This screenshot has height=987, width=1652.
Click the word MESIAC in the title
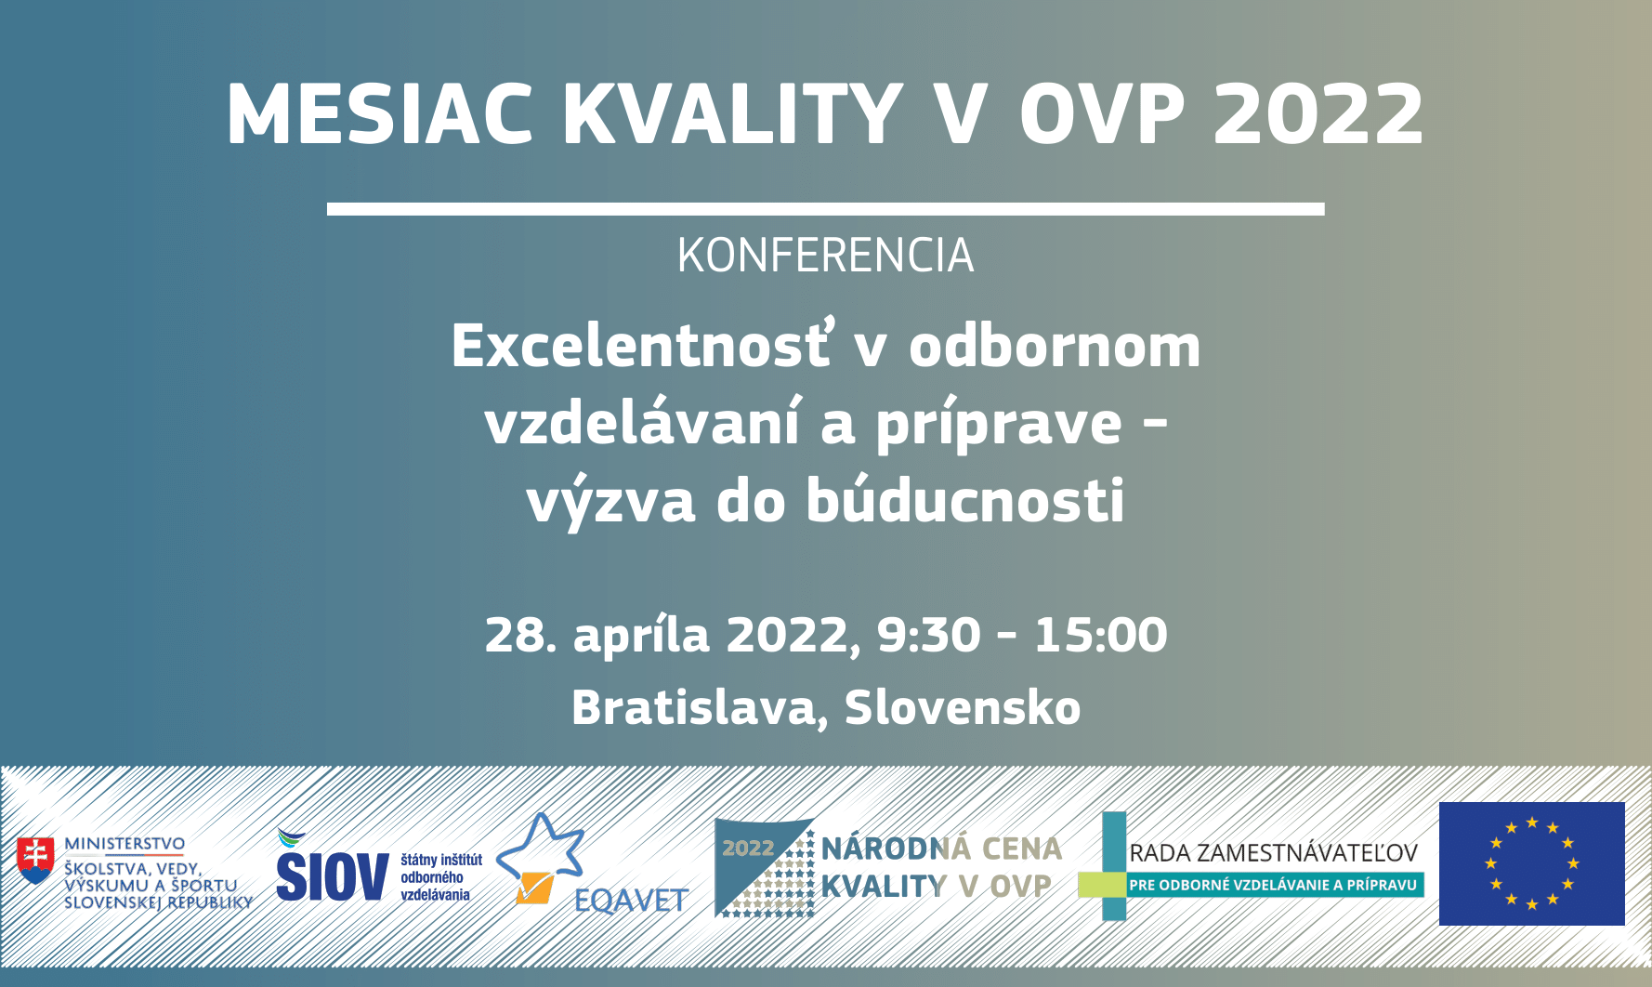(380, 114)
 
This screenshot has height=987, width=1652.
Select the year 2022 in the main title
(1318, 114)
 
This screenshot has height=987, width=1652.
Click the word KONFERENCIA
(826, 256)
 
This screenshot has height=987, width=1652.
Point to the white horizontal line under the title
(826, 209)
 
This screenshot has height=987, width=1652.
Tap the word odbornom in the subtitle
(1055, 345)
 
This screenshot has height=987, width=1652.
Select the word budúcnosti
(965, 501)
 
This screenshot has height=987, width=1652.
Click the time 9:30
(929, 635)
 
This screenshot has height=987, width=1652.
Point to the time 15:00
(1101, 635)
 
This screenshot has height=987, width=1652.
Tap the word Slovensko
(963, 707)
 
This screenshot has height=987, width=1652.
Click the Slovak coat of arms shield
(35, 861)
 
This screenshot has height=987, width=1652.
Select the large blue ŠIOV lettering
(332, 875)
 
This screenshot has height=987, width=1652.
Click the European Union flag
(1532, 863)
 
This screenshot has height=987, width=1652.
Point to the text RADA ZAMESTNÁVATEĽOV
(1273, 853)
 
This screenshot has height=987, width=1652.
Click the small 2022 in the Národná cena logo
(748, 848)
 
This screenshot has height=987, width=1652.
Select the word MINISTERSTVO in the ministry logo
(125, 844)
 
